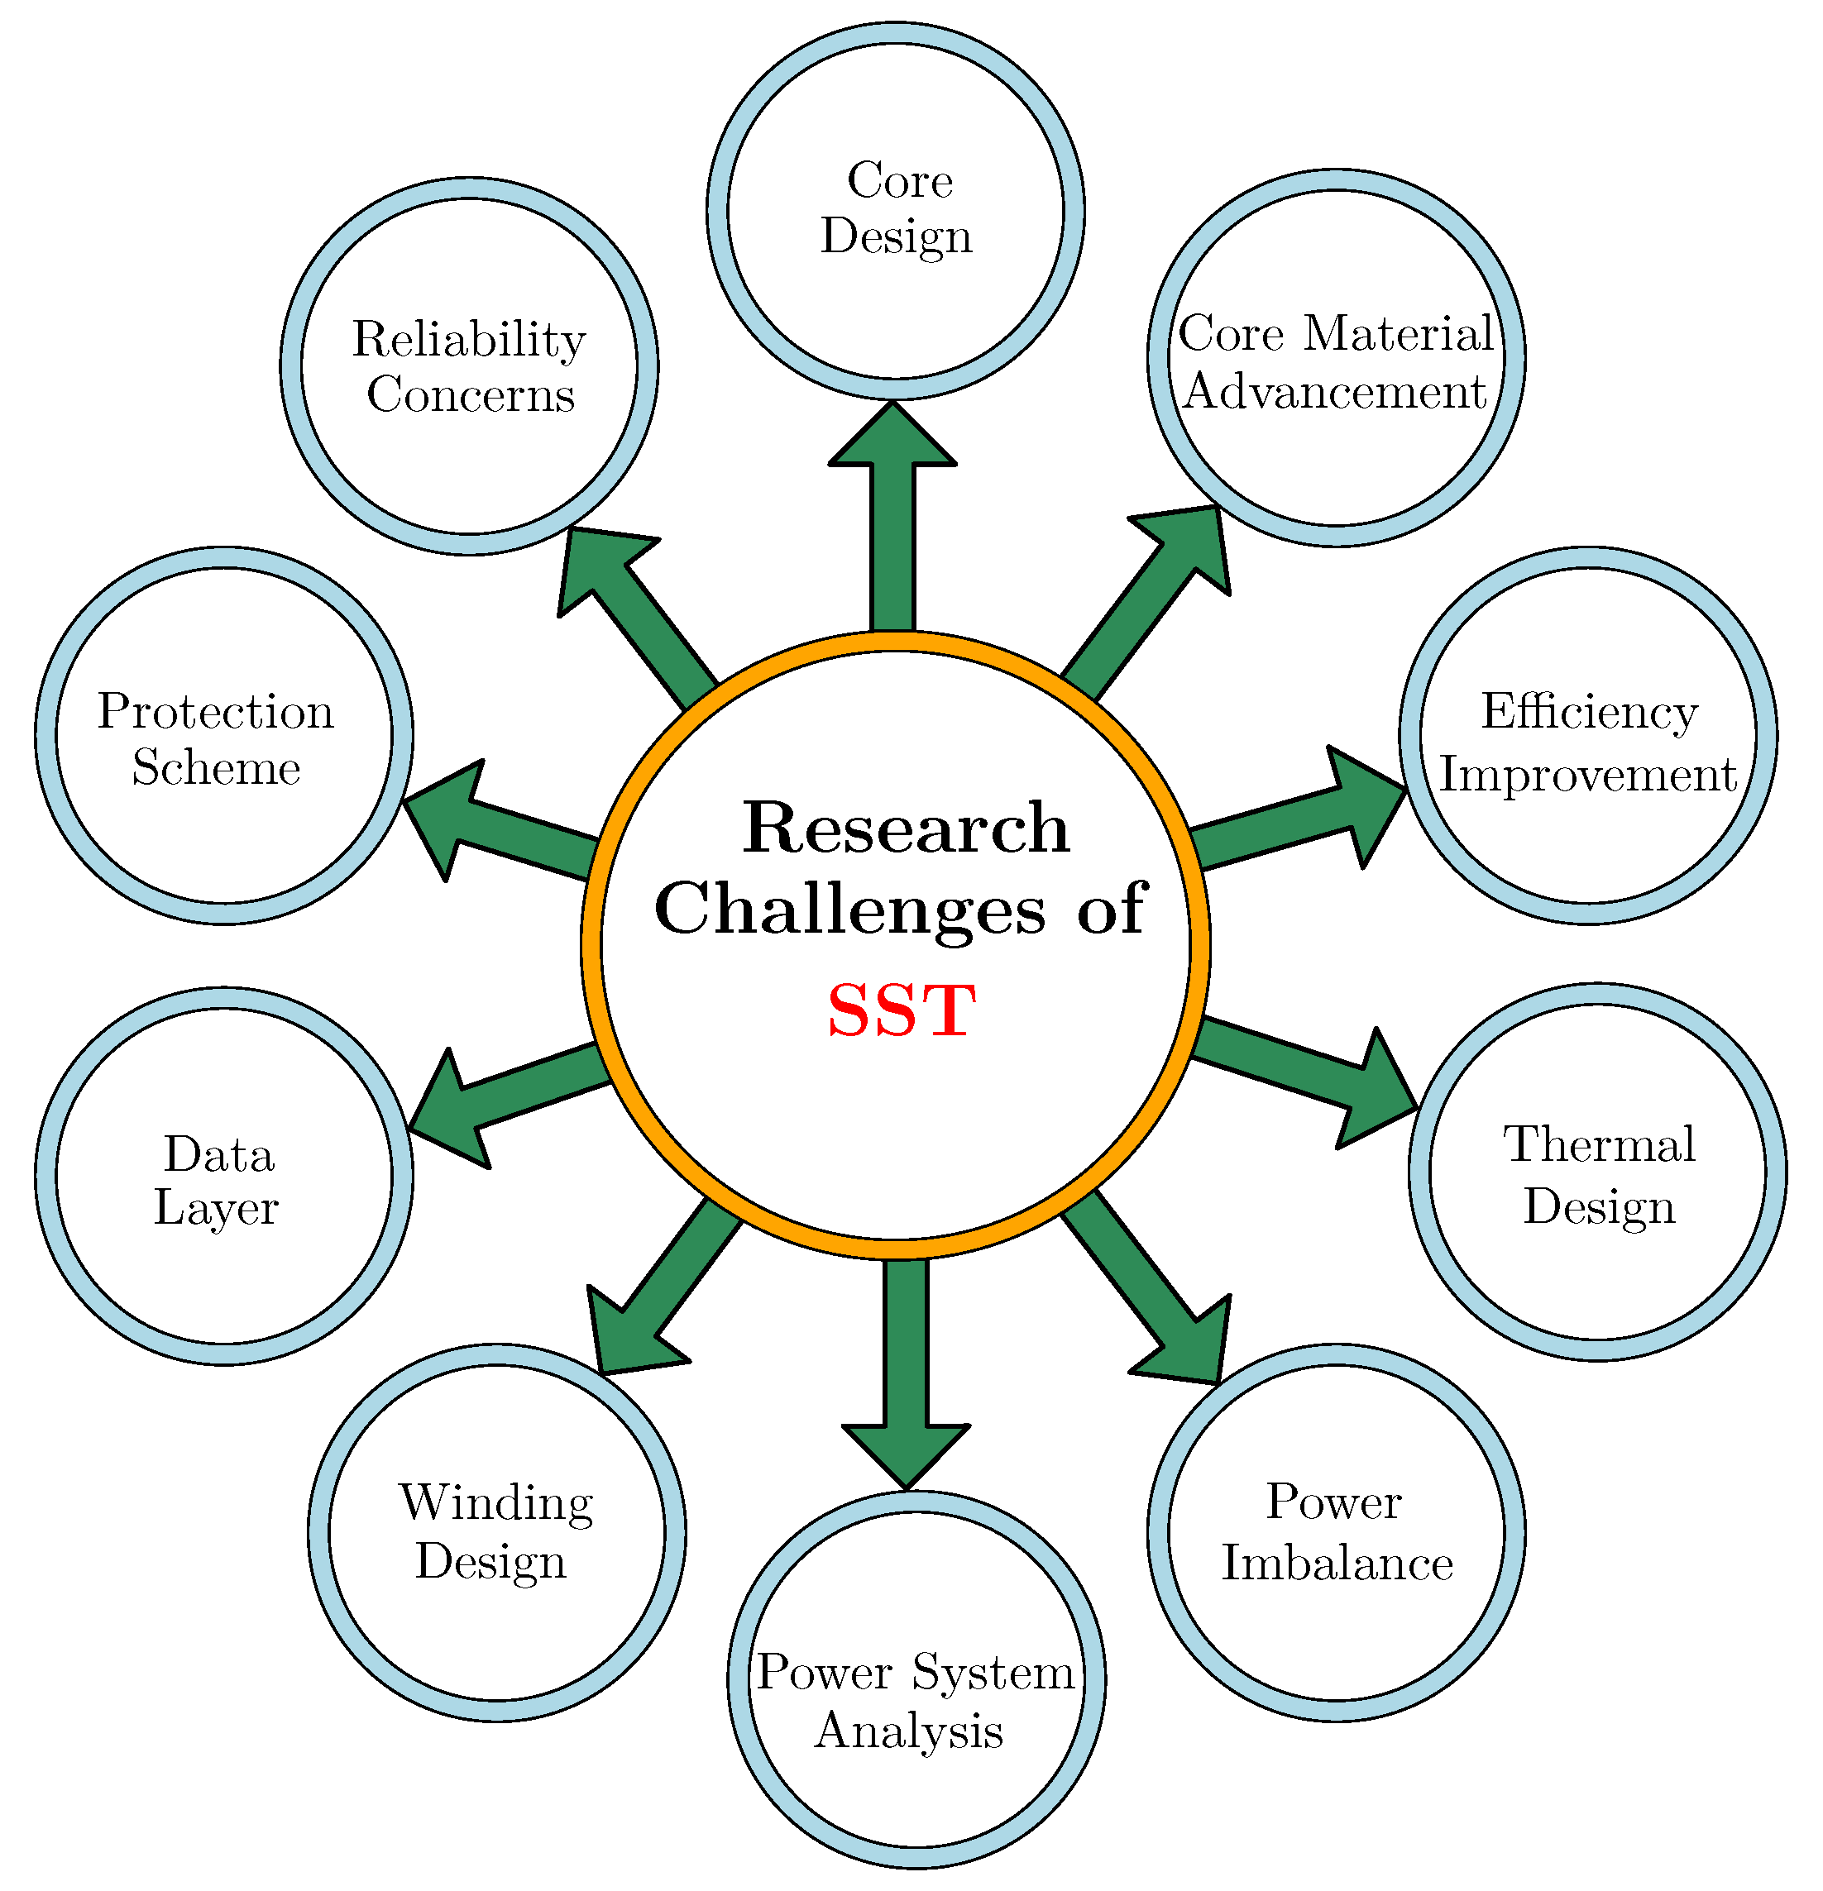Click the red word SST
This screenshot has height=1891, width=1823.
(901, 1011)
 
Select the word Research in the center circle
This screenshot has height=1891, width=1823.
(905, 829)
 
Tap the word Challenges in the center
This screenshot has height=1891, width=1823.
(849, 909)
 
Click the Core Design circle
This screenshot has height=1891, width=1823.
(896, 210)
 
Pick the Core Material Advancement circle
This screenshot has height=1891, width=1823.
(1336, 359)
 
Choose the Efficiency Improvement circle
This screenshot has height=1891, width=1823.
(1587, 736)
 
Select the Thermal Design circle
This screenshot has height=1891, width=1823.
(1597, 1172)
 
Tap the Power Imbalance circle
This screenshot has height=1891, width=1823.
(1336, 1533)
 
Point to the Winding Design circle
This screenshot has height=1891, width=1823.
(496, 1533)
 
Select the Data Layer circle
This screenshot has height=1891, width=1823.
(224, 1176)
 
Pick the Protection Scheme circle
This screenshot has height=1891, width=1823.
(224, 736)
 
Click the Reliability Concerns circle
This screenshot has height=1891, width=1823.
(469, 365)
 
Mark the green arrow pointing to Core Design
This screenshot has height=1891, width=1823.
(892, 521)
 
